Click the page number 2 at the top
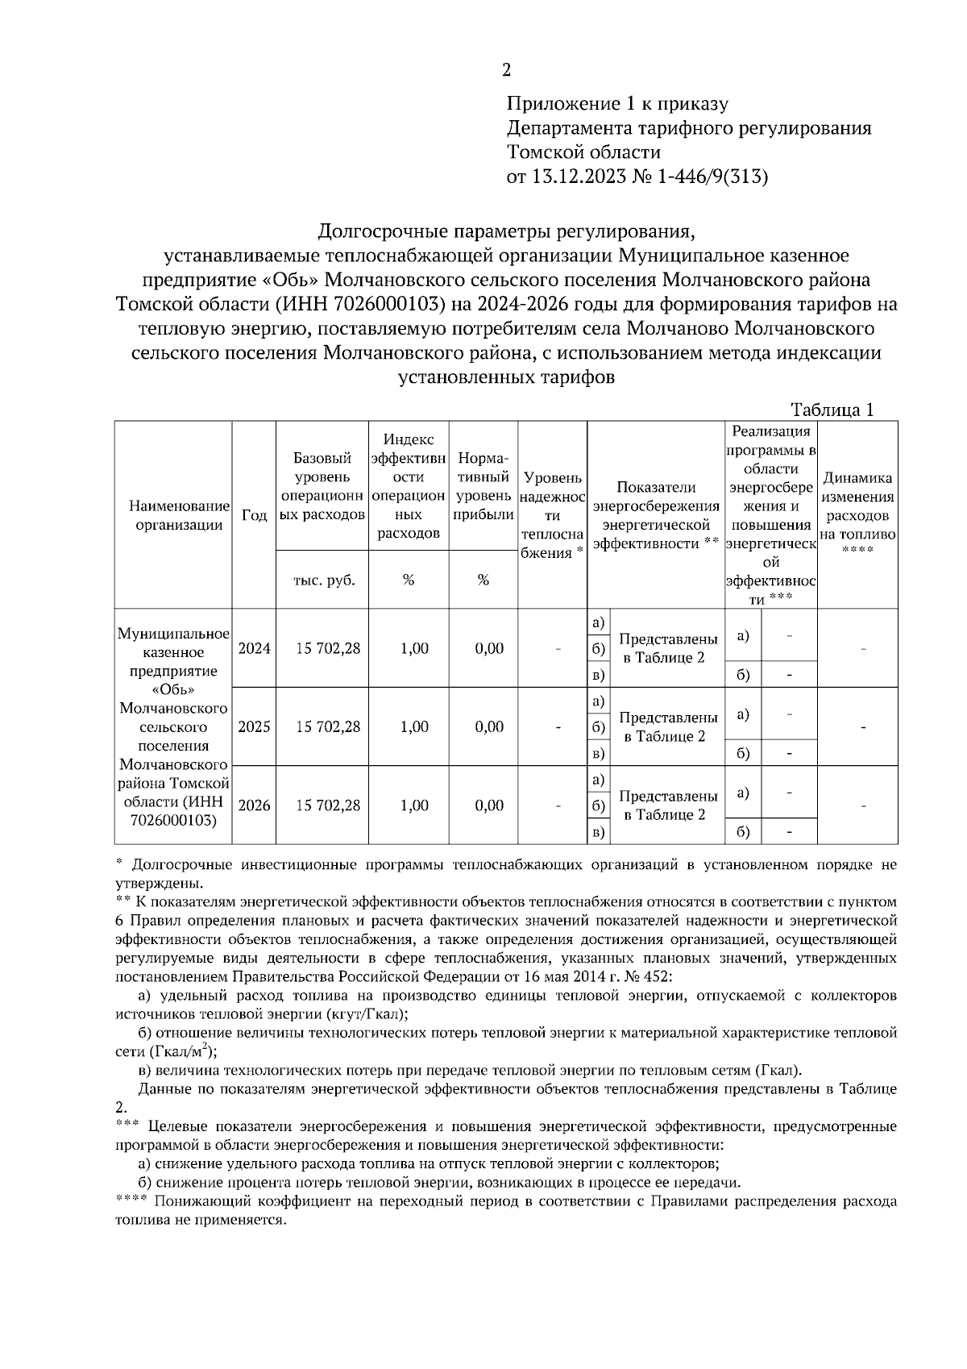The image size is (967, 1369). [506, 70]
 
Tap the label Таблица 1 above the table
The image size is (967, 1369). [832, 410]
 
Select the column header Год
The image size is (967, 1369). [254, 515]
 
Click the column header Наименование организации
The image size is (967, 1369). [173, 515]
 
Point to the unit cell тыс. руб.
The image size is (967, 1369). [322, 580]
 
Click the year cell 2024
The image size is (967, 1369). [254, 648]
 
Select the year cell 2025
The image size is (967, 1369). [254, 726]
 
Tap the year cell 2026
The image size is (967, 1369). [254, 805]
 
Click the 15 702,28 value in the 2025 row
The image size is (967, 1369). [328, 726]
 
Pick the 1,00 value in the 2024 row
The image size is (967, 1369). [414, 648]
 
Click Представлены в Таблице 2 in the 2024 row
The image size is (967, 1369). [668, 648]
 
